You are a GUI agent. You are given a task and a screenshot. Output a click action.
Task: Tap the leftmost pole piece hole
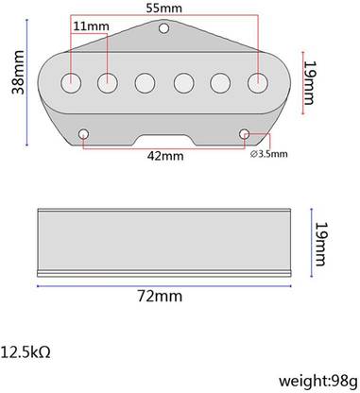tap(73, 83)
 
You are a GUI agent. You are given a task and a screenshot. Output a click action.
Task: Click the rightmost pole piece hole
tap(256, 83)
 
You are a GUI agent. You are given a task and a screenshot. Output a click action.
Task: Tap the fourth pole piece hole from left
tap(183, 83)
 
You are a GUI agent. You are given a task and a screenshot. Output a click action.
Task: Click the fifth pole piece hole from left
tap(220, 83)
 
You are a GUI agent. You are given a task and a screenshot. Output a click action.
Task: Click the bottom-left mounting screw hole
tap(86, 132)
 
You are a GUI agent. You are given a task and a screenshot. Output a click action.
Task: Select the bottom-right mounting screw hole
tap(247, 132)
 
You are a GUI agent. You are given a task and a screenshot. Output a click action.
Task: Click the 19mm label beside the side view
tap(323, 241)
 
